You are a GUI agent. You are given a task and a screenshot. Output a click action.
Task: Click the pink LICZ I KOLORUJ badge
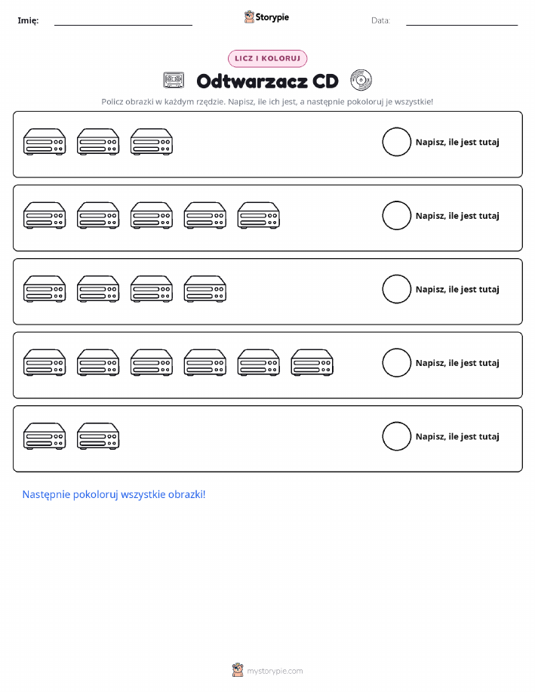click(267, 58)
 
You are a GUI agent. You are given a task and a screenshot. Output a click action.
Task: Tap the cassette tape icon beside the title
click(174, 80)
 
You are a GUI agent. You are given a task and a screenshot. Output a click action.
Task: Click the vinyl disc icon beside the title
click(361, 80)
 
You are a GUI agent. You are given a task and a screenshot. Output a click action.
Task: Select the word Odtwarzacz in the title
click(252, 82)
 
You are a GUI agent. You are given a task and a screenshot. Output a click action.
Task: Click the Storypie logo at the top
click(266, 17)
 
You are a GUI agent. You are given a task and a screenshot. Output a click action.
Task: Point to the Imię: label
click(28, 20)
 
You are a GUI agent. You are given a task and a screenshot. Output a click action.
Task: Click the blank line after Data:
click(462, 25)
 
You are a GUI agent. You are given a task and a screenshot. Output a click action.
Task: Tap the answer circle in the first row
click(396, 142)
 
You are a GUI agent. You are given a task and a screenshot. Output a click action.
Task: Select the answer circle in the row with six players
click(396, 362)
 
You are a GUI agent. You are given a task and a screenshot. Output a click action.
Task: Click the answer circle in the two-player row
click(396, 436)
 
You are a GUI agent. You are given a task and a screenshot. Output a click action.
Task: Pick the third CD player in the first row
click(152, 142)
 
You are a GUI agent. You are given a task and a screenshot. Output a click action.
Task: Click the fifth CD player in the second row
click(259, 215)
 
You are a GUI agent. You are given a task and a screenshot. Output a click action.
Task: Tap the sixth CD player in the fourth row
click(312, 362)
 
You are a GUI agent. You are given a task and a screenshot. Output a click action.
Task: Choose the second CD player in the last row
click(98, 436)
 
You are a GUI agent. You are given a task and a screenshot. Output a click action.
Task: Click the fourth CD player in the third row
click(205, 289)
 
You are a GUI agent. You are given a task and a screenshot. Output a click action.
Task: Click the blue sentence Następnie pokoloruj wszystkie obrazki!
click(114, 494)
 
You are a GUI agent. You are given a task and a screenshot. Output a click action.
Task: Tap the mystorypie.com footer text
click(275, 671)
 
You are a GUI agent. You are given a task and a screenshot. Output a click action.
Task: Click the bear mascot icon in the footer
click(238, 670)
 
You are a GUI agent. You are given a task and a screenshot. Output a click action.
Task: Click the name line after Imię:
click(123, 25)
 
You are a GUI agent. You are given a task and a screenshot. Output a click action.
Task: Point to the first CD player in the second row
click(45, 215)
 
